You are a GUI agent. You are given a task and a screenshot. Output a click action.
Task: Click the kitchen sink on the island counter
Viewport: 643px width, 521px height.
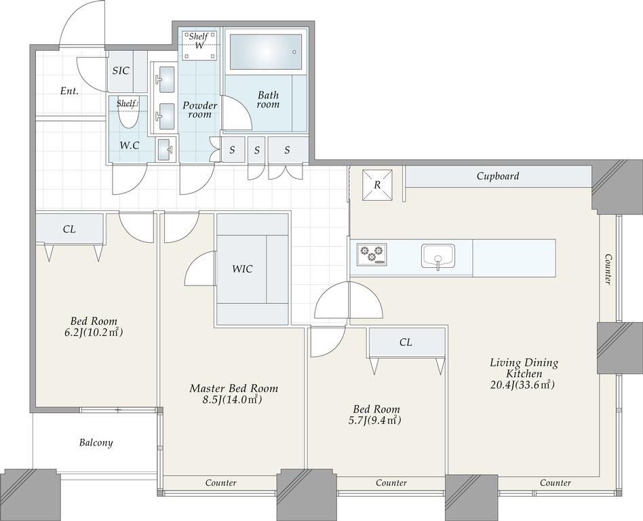point(438,256)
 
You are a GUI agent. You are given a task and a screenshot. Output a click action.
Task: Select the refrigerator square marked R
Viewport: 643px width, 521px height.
point(378,185)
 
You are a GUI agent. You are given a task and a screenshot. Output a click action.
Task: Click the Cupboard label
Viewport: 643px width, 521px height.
point(498,176)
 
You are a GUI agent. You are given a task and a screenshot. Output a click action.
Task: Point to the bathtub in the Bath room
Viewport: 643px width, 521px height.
point(266,52)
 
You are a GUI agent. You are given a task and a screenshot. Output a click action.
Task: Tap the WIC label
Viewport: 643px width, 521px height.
point(242,269)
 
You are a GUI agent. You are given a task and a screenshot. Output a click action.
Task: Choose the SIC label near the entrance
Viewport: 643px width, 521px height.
point(121,71)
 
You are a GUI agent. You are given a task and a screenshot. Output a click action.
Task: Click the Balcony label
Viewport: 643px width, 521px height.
point(96,442)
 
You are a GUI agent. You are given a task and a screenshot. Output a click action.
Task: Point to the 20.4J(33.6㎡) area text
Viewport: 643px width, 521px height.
point(522,385)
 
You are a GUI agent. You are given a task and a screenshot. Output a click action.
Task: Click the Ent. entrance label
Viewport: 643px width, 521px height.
point(69,91)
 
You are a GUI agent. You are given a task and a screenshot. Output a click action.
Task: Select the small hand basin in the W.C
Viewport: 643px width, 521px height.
point(165,149)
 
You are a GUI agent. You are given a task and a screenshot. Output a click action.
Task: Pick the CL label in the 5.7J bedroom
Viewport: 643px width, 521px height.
point(406,342)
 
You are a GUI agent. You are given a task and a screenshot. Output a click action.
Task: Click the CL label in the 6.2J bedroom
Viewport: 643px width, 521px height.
point(69,229)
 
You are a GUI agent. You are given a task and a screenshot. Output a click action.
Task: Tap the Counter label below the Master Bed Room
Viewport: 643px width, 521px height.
point(221,483)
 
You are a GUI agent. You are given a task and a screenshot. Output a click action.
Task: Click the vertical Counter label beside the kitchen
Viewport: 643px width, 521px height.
point(608,269)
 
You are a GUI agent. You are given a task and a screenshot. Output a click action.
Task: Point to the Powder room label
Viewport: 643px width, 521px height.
point(199,109)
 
